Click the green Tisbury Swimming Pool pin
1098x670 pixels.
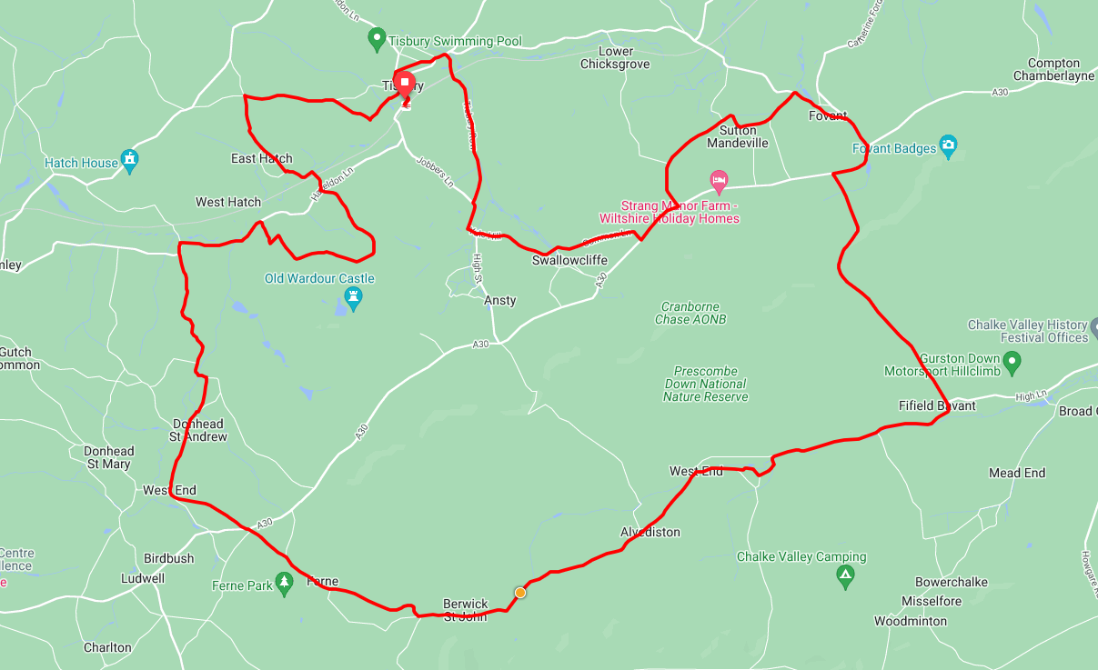(376, 39)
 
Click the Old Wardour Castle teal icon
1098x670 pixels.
(354, 296)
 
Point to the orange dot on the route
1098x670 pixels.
(520, 593)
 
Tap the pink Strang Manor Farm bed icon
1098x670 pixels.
(719, 180)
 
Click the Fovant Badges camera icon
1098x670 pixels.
(949, 145)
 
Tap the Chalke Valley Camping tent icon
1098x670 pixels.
(846, 575)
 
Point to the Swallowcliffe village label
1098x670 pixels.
(569, 260)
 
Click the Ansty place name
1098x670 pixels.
(500, 301)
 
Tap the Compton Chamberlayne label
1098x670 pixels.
(1053, 70)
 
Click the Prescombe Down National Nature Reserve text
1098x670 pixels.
(705, 384)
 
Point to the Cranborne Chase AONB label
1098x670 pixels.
(690, 313)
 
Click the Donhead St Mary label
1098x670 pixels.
(108, 457)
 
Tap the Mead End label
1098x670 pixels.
(1017, 473)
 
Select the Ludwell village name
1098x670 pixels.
(144, 578)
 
